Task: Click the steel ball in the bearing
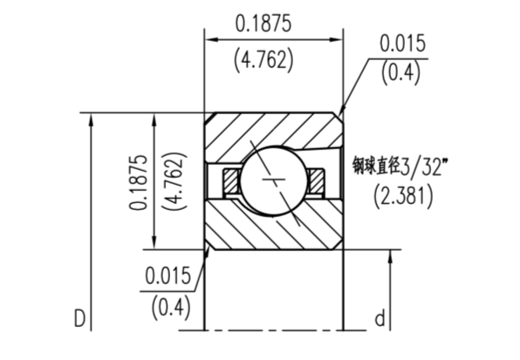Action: click(x=272, y=181)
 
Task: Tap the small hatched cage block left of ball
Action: click(x=229, y=181)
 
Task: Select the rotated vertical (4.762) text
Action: click(x=174, y=181)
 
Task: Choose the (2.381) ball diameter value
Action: click(x=402, y=195)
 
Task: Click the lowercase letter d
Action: click(x=380, y=320)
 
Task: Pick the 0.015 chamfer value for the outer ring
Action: click(x=402, y=44)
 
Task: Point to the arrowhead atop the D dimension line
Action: click(x=91, y=119)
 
